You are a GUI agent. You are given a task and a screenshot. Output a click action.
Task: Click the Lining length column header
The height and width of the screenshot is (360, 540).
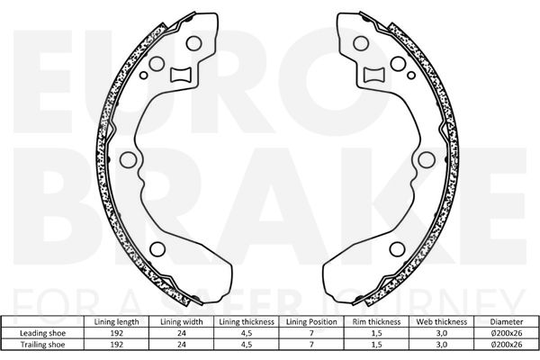tap(116, 322)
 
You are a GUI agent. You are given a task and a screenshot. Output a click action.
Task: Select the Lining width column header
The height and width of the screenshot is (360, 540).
tap(182, 322)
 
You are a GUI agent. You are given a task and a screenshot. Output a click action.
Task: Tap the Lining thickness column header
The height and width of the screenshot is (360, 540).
tap(247, 322)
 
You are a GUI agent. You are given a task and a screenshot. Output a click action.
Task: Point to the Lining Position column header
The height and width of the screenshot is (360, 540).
tap(311, 322)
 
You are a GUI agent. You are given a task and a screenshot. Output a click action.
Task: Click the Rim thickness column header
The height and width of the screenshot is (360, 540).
tap(376, 322)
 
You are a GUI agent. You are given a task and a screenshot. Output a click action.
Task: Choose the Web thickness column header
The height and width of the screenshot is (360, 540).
tap(442, 322)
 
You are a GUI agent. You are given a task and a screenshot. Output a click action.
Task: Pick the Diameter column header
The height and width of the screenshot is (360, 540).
tap(507, 322)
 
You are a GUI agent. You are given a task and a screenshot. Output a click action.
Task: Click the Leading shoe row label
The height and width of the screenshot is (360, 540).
tap(42, 333)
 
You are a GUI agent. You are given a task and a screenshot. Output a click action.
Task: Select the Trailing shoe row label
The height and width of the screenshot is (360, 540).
tap(42, 345)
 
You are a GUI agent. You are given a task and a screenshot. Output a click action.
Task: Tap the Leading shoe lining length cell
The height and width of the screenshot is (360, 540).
tap(116, 333)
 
